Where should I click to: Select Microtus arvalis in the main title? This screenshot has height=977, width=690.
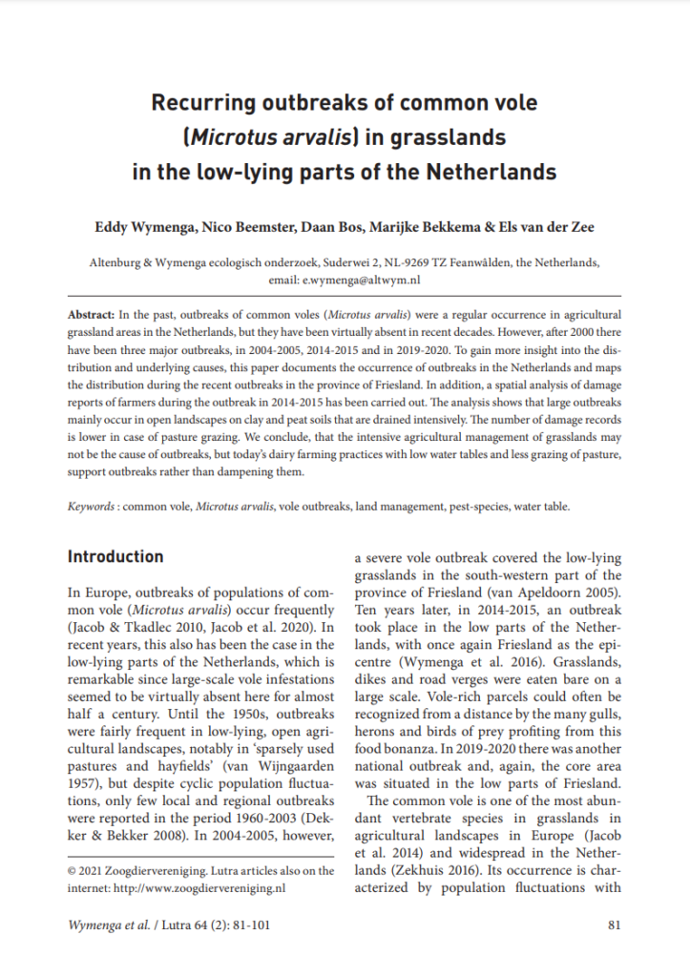[268, 137]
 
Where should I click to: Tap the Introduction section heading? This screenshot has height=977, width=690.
[115, 557]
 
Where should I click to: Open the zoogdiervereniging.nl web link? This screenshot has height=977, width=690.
[220, 886]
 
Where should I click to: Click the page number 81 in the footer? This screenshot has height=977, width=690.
[614, 925]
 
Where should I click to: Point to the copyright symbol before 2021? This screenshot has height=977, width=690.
[72, 871]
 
